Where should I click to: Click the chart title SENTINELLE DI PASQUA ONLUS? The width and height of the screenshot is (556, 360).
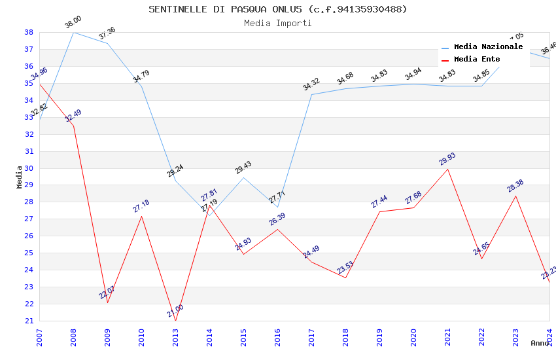[277, 9]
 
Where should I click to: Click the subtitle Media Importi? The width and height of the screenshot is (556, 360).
[277, 23]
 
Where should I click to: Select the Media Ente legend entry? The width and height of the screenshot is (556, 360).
[477, 60]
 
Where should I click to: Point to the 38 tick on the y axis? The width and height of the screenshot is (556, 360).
[29, 32]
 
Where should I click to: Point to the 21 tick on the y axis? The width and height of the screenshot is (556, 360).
[29, 321]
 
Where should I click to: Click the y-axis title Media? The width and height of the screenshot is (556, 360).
[20, 177]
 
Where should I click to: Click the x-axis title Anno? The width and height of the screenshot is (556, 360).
[540, 343]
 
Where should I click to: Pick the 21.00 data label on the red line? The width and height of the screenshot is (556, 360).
[175, 311]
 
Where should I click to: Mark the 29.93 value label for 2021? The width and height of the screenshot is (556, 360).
[447, 159]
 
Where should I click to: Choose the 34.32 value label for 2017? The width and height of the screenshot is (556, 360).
[311, 84]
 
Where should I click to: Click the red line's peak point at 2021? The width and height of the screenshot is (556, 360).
[447, 169]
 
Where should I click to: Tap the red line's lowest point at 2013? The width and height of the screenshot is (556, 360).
[175, 321]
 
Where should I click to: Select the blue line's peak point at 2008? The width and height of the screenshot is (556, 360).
[73, 32]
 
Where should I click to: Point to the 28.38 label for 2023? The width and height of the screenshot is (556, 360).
[515, 187]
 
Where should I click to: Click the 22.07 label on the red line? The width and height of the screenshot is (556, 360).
[107, 293]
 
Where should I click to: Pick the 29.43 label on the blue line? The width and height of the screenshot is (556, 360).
[243, 168]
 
